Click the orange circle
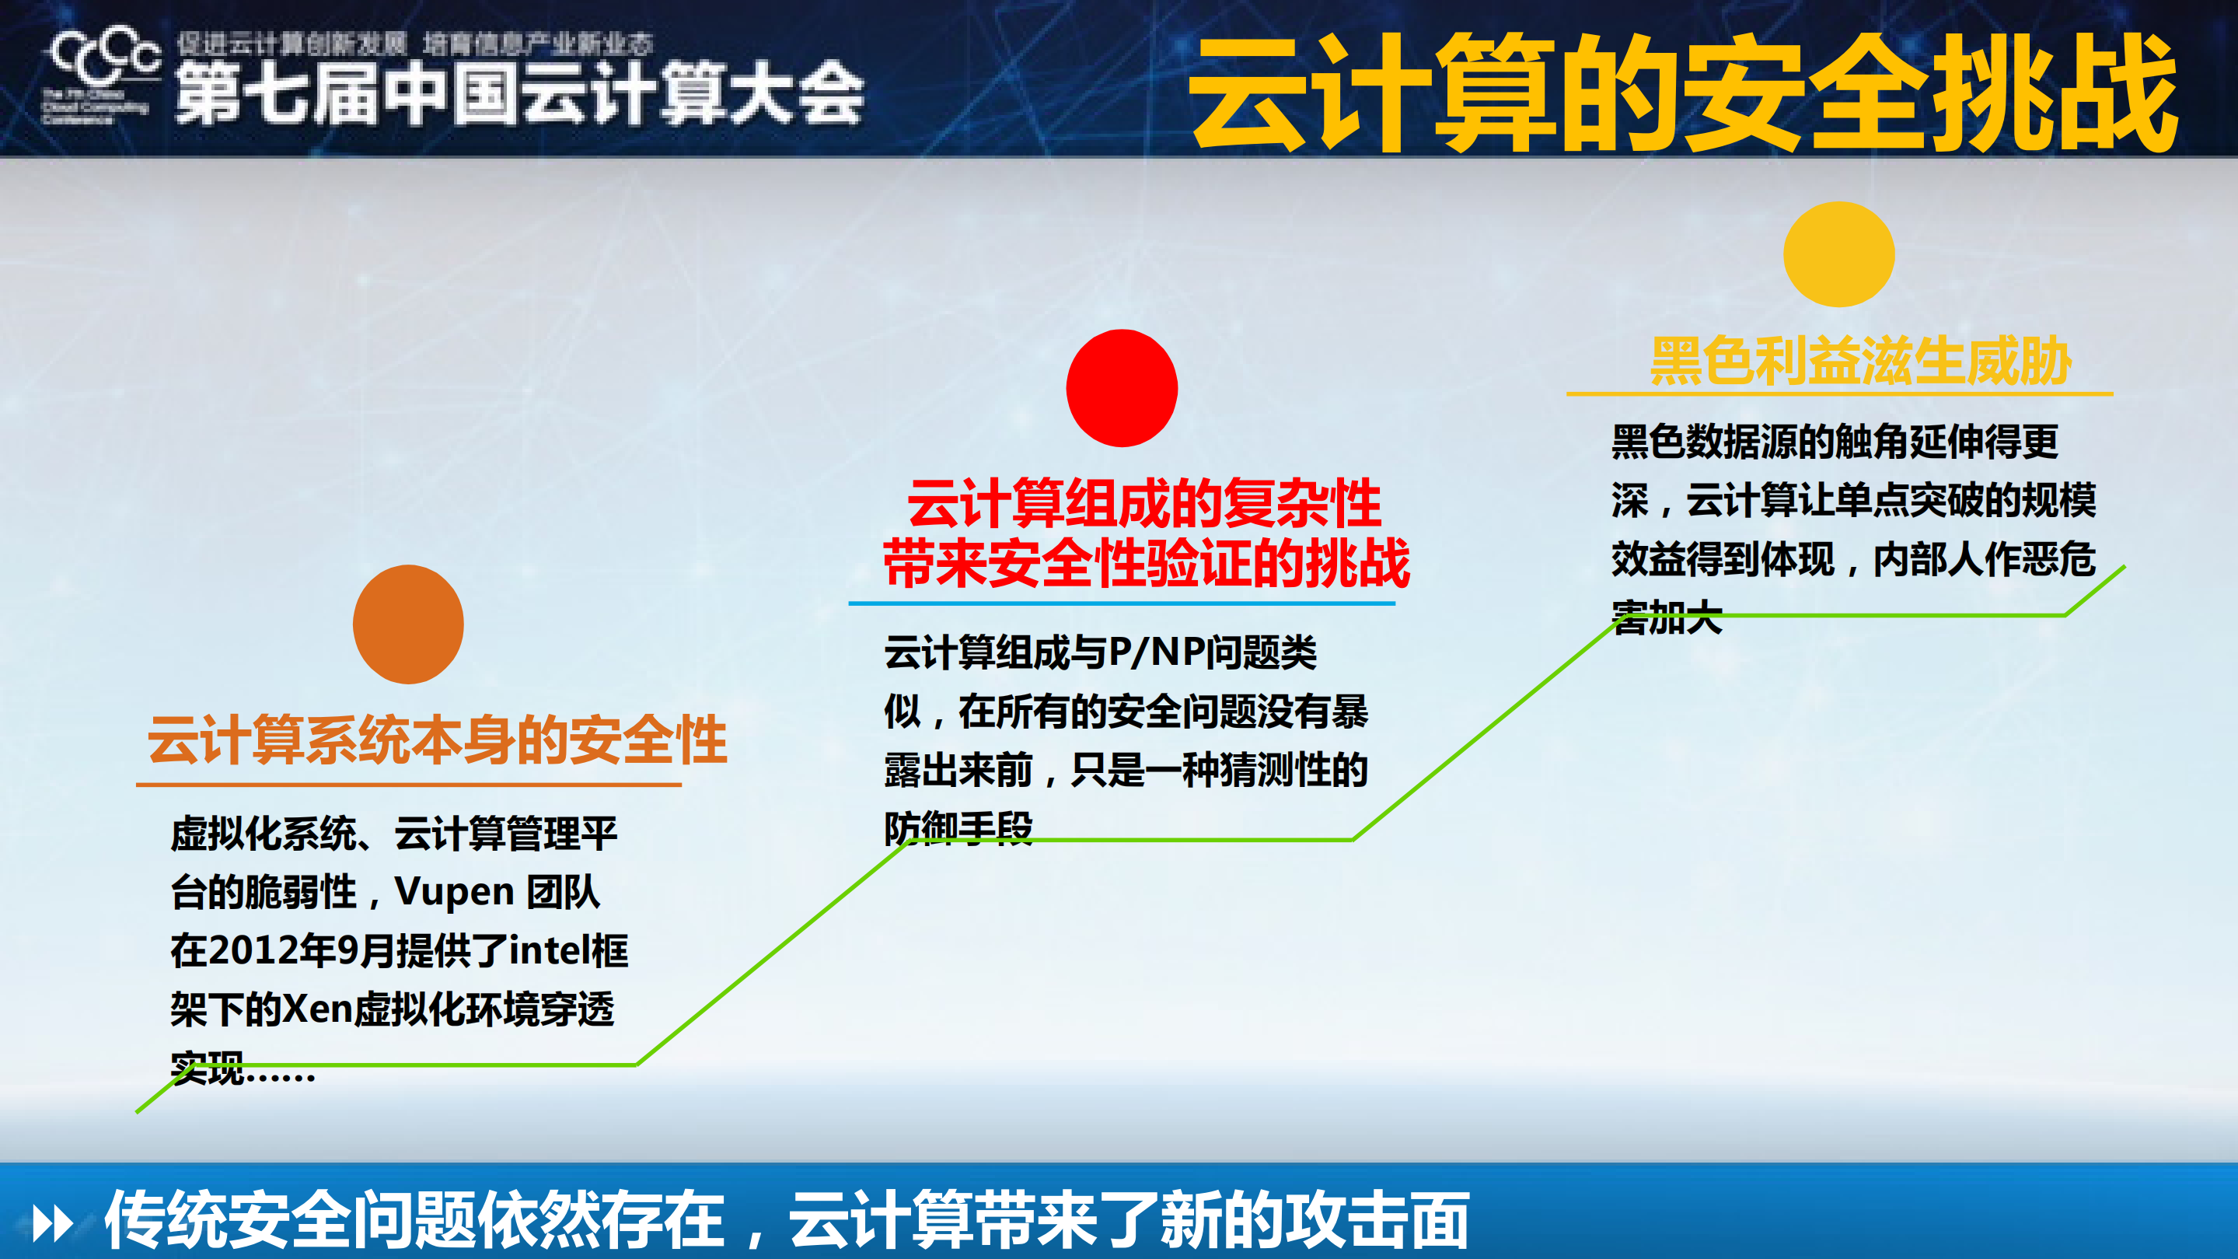[408, 624]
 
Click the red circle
[1122, 387]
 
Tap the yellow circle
[1838, 254]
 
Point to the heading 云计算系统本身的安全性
[437, 740]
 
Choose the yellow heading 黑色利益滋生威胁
[1860, 362]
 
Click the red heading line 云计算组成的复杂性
[1144, 504]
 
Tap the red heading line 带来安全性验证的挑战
[1146, 563]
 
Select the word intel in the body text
[548, 950]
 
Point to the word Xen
[318, 1009]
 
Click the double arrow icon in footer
[52, 1223]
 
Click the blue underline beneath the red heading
[1121, 603]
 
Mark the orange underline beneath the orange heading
[408, 785]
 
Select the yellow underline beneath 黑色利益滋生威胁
[1839, 394]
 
